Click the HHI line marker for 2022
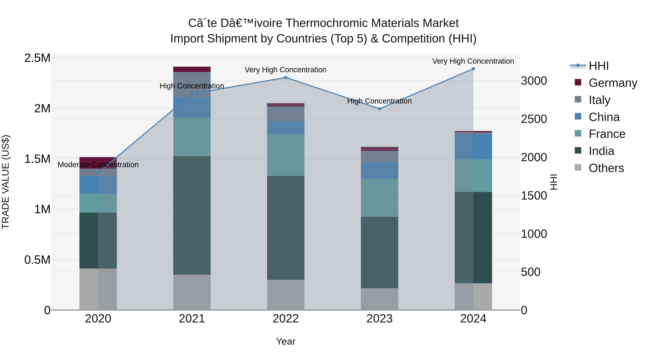[286, 78]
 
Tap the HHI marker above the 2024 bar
[473, 69]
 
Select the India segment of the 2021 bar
[192, 215]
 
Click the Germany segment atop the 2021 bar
[192, 69]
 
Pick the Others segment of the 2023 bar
[380, 299]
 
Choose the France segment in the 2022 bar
[286, 155]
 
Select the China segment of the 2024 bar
[473, 147]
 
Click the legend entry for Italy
[599, 100]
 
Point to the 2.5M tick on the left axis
[37, 58]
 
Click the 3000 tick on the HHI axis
[534, 81]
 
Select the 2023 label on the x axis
[380, 319]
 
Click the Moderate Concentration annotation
[98, 165]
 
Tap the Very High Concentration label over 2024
[473, 61]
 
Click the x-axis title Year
[286, 341]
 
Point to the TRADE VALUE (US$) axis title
[6, 182]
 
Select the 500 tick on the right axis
[531, 272]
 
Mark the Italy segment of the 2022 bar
[286, 114]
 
